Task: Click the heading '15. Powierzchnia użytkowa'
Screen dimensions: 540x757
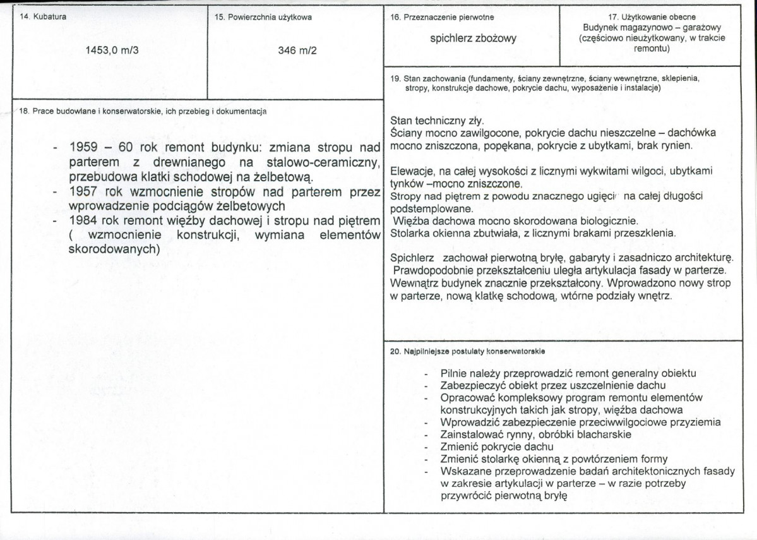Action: (263, 17)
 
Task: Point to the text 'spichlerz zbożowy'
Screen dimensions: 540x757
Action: (473, 39)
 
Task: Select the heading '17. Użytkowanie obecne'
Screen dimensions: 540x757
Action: (652, 17)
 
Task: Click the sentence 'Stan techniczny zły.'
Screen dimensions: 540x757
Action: (436, 120)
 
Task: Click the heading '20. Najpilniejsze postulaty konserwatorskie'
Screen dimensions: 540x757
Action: (468, 350)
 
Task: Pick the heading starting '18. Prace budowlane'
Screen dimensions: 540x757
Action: (142, 111)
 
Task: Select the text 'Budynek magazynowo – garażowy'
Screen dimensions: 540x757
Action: (652, 28)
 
